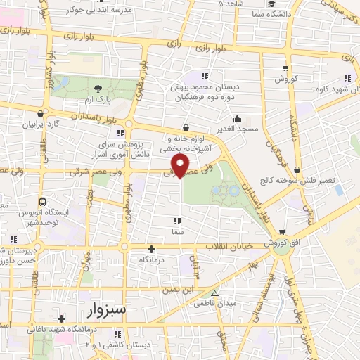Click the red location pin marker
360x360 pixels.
181,165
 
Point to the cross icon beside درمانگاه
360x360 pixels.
151,249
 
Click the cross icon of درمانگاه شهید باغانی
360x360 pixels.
62,319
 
